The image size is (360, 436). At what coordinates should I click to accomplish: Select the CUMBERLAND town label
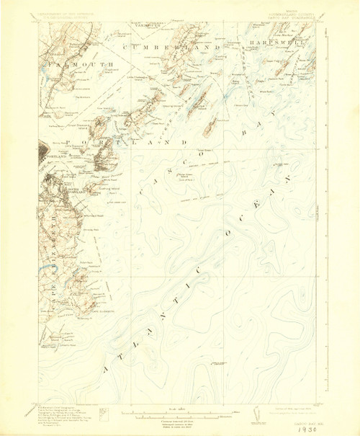click(x=172, y=47)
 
